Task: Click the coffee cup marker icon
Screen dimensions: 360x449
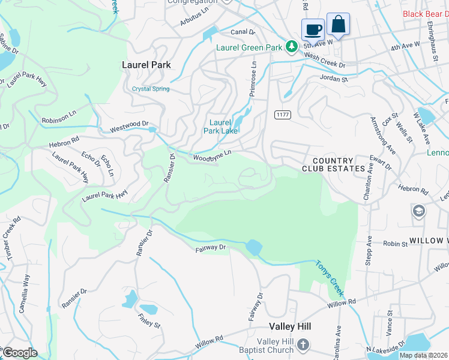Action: [313, 29]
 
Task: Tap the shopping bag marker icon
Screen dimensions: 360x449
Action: [338, 24]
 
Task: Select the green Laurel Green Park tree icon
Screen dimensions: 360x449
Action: [292, 46]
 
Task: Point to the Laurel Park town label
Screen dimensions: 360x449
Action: [146, 65]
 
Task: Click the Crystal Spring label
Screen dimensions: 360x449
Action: [151, 89]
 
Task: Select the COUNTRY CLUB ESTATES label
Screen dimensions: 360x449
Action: [339, 164]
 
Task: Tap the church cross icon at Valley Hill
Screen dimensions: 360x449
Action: [303, 344]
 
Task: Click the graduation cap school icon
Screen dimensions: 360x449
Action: [418, 211]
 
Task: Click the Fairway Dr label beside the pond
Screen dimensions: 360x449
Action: [210, 247]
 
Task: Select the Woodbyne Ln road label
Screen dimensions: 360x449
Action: [212, 157]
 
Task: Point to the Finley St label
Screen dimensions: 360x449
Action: [149, 321]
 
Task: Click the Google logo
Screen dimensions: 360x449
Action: [20, 353]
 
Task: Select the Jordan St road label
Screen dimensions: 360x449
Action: [334, 79]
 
